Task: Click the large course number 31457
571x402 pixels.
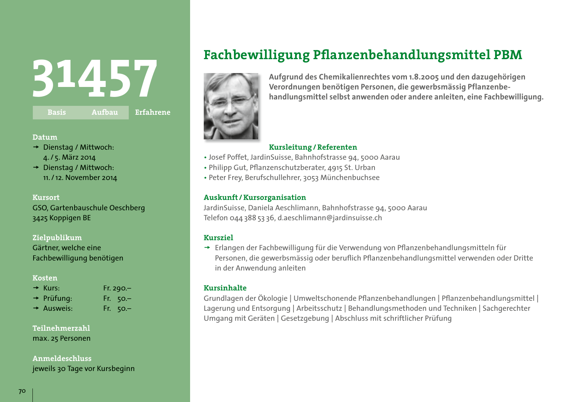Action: click(x=95, y=79)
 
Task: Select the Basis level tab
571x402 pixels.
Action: click(x=57, y=112)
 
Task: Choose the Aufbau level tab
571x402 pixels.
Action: click(x=104, y=112)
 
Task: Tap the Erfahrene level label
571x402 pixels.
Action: click(x=153, y=112)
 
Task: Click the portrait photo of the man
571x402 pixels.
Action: click(x=231, y=106)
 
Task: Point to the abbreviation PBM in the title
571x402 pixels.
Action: click(x=508, y=55)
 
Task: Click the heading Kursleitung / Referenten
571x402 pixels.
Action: click(x=313, y=147)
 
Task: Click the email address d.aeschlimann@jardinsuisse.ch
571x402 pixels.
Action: click(x=330, y=218)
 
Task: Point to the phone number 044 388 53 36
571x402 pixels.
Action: click(x=252, y=218)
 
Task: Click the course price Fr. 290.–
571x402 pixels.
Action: click(x=117, y=288)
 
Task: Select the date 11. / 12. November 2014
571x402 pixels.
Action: click(x=80, y=177)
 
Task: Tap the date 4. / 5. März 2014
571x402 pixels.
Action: click(x=70, y=158)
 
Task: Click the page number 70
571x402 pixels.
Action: click(x=22, y=391)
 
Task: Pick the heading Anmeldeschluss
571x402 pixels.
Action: click(x=62, y=359)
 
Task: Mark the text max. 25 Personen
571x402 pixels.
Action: click(x=61, y=338)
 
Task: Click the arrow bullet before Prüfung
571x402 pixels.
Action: click(x=36, y=298)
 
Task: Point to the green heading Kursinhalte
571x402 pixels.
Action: click(x=225, y=288)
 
